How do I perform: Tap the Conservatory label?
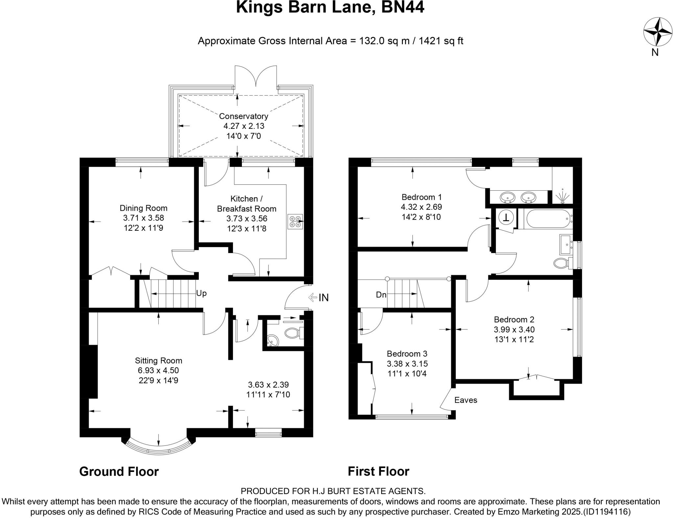pyautogui.click(x=244, y=116)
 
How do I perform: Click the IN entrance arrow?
pyautogui.click(x=318, y=297)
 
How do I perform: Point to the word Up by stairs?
pyautogui.click(x=201, y=293)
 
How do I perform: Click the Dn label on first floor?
pyautogui.click(x=381, y=295)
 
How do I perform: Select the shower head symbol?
pyautogui.click(x=562, y=196)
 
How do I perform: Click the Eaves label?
pyautogui.click(x=466, y=400)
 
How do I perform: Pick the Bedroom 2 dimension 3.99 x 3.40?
pyautogui.click(x=514, y=329)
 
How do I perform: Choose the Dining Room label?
pyautogui.click(x=143, y=208)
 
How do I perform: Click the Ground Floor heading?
pyautogui.click(x=119, y=472)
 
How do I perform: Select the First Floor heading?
pyautogui.click(x=379, y=472)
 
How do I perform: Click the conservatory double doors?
pyautogui.click(x=256, y=77)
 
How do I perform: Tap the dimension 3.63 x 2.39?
pyautogui.click(x=268, y=385)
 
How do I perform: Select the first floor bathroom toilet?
pyautogui.click(x=561, y=263)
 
